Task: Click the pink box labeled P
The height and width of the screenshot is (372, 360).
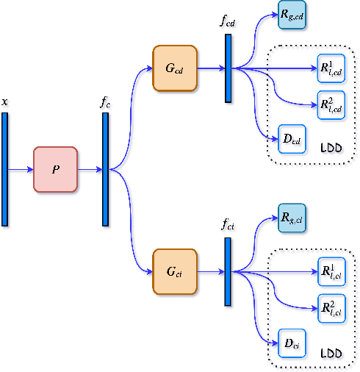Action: click(55, 169)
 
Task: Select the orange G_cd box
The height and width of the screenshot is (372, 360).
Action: click(175, 68)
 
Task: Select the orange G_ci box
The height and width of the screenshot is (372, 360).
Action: click(175, 271)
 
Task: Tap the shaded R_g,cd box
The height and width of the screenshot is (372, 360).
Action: click(292, 15)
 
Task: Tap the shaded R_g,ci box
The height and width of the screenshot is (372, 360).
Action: click(292, 218)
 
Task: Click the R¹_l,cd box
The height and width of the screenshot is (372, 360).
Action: click(331, 68)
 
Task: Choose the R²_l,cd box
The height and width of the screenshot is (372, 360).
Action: click(331, 104)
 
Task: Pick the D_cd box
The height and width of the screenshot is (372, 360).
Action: click(292, 138)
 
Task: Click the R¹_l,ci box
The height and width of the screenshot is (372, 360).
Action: click(331, 271)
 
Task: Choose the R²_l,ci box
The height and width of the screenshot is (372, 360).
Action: click(331, 307)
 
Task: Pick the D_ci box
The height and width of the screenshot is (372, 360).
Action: click(292, 342)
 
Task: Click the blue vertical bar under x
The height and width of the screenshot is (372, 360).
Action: click(4, 169)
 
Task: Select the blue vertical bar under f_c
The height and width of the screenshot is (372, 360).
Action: click(105, 169)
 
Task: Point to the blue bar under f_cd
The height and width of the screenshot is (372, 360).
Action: click(228, 68)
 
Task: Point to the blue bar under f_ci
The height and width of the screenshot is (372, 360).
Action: click(228, 271)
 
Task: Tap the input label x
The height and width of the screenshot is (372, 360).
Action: click(4, 102)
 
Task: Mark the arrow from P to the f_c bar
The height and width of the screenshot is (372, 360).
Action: click(89, 169)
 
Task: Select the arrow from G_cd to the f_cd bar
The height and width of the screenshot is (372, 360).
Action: click(210, 68)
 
